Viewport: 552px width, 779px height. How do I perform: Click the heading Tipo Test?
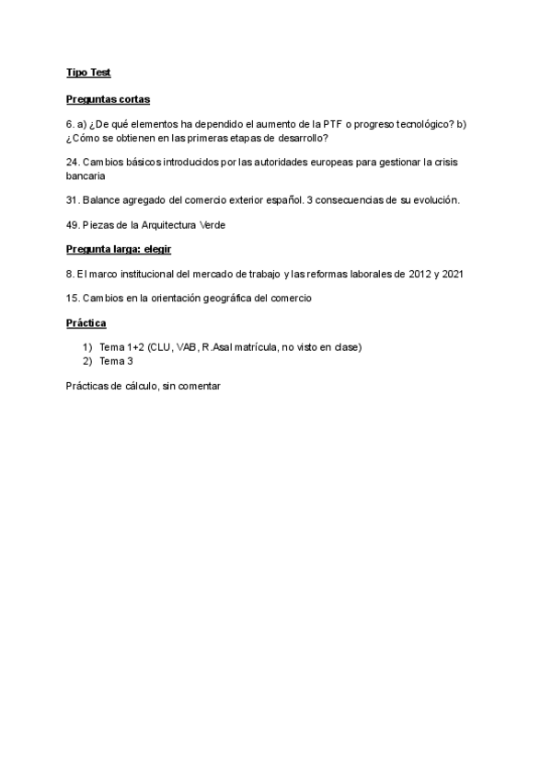[88, 73]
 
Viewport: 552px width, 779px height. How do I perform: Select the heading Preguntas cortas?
[108, 98]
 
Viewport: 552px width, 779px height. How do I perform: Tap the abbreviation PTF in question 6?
[334, 124]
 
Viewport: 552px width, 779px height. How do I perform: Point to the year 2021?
[453, 274]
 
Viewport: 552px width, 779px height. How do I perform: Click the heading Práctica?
[86, 323]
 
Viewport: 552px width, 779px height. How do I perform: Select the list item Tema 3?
[116, 361]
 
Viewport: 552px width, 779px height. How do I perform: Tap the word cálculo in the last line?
[137, 387]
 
